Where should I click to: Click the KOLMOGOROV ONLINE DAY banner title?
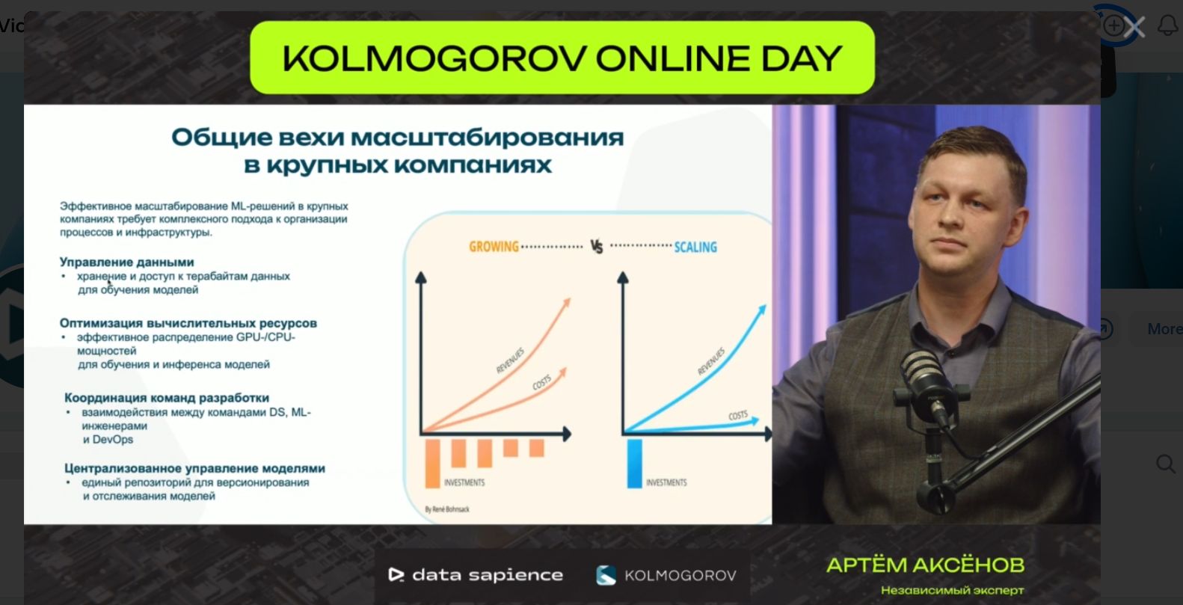pos(562,58)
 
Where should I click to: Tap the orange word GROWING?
pos(494,247)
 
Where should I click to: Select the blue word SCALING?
pos(695,247)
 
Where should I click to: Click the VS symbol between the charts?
pos(596,247)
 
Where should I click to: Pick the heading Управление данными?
pos(127,262)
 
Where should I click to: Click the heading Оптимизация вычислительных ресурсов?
pos(188,323)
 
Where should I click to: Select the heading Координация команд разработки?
pos(166,398)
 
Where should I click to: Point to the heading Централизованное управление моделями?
pos(194,468)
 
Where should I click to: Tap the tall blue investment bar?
pos(634,464)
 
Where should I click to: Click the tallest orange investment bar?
pos(432,464)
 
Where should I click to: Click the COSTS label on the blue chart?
pos(738,416)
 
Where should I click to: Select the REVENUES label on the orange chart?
pos(510,360)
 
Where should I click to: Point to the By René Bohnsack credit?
pos(446,509)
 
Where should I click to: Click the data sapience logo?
pos(476,575)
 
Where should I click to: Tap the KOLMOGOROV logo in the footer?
pos(666,575)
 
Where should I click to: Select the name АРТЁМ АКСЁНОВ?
pos(925,565)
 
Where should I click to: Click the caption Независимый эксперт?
pos(952,590)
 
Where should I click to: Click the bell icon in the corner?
pos(1168,25)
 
